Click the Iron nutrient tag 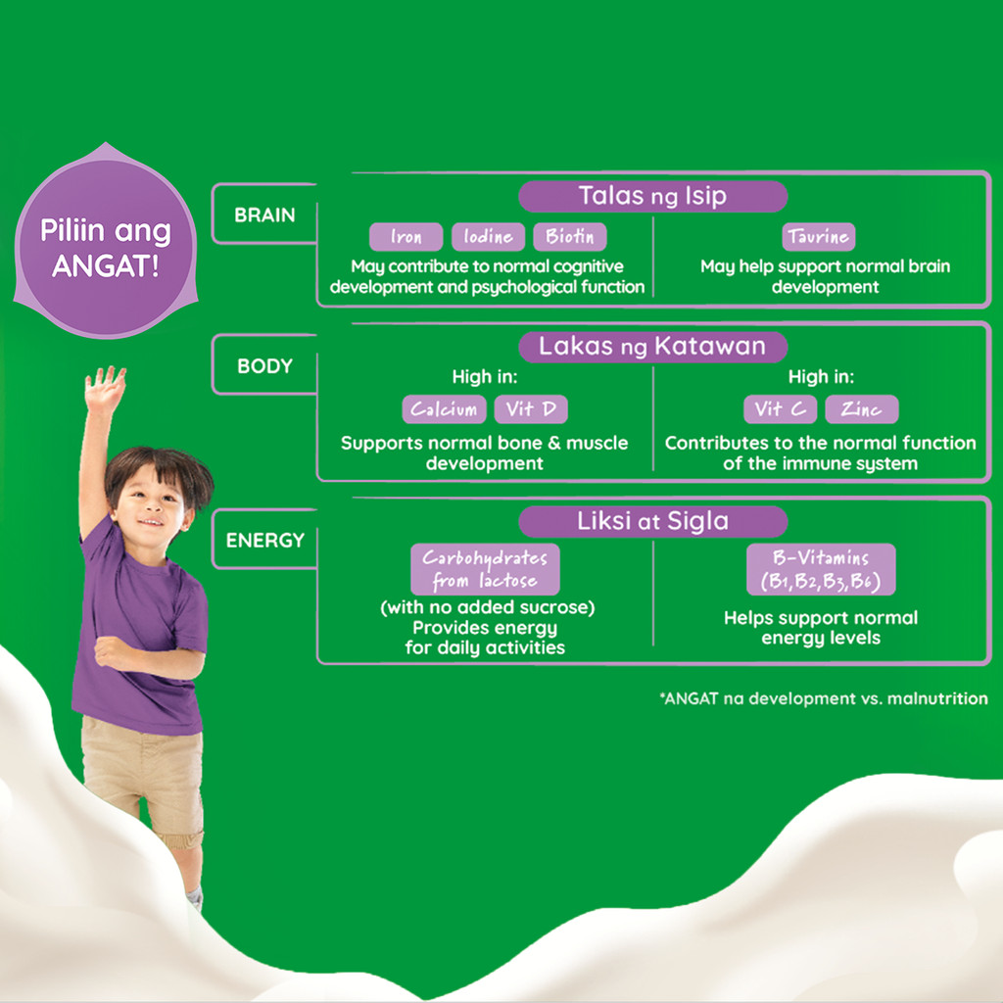pos(406,237)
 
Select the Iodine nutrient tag pos(488,237)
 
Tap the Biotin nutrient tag pos(569,237)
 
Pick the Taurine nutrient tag pos(819,237)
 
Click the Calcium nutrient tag pos(444,409)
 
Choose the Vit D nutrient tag pos(531,409)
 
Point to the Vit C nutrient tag pos(780,409)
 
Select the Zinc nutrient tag pos(861,409)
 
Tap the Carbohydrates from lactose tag pos(485,569)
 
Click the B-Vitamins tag pos(821,569)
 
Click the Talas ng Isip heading pos(652,196)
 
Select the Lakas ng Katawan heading pos(652,346)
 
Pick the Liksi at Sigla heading pos(652,521)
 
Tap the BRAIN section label pos(264,215)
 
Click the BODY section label pos(264,366)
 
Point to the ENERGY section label pos(264,540)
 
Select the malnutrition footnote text pos(823,699)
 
